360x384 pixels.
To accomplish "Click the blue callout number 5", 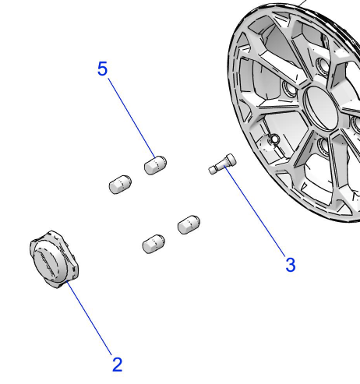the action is click(x=102, y=69).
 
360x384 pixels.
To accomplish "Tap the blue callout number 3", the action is click(x=291, y=265).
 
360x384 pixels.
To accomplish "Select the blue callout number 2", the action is click(x=117, y=365).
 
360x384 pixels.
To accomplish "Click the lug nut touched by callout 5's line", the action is click(x=155, y=165).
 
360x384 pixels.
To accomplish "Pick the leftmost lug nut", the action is click(x=120, y=185).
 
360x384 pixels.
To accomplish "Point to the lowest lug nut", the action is click(x=154, y=244).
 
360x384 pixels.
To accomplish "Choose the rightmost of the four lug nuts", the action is click(x=189, y=224).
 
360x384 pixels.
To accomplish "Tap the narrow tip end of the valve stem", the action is click(x=213, y=170).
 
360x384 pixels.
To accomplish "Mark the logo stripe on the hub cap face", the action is click(x=46, y=262).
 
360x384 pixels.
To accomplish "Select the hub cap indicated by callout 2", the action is click(x=54, y=259).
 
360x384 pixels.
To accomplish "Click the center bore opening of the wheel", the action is click(x=322, y=108).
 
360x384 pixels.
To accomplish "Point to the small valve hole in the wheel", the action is click(x=274, y=139).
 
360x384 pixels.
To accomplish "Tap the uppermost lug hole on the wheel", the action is click(x=323, y=64).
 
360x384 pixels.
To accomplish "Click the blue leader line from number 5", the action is click(x=132, y=118).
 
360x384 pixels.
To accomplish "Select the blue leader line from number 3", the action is click(x=255, y=211).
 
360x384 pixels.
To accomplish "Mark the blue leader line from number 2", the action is click(x=89, y=318).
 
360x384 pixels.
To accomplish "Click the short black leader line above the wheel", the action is click(x=302, y=3).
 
